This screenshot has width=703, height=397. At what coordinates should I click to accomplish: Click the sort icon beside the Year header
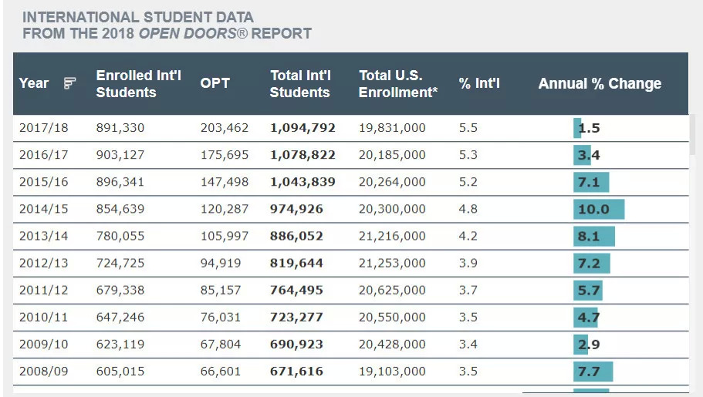coord(70,83)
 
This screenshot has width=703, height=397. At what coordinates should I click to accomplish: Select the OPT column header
coord(215,83)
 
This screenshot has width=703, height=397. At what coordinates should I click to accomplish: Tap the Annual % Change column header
coord(600,83)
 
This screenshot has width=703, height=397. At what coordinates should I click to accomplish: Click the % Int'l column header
coord(479,83)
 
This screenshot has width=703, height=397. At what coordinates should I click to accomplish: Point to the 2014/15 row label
coord(43,209)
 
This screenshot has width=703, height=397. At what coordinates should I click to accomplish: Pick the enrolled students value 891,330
coord(120,128)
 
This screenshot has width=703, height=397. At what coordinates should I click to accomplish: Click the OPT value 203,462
coord(225,128)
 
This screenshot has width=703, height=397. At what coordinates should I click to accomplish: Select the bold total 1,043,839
coord(302,182)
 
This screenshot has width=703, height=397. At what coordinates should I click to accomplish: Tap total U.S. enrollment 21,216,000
coord(392,236)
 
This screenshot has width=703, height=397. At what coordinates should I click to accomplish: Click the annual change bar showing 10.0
coord(599,209)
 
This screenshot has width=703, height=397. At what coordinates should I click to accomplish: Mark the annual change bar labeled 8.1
coord(594,236)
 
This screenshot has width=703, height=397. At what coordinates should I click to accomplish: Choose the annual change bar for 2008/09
coord(593,371)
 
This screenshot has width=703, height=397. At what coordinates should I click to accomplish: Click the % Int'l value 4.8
coord(468,209)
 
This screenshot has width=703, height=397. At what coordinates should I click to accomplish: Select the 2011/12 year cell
coord(43,290)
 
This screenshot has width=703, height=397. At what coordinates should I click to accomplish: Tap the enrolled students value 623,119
coord(120,344)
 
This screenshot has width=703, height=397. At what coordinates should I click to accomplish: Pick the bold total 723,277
coord(296,317)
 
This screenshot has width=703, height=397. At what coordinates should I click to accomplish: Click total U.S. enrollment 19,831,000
coord(392,128)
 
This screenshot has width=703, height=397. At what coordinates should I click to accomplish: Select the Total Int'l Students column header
coord(301,83)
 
